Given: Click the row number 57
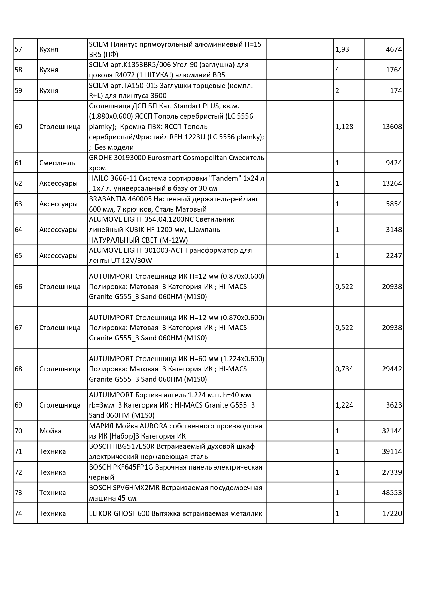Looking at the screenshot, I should pos(19,49).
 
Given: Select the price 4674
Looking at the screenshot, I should pos(394,49).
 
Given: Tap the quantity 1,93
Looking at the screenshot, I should pos(342,49).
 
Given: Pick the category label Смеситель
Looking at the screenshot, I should pos(57,163).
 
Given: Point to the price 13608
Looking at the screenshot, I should pos(392,127).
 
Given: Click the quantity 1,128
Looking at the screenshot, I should pos(344,127).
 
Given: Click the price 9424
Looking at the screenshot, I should pos(394,163).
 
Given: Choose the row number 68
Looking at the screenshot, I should pos(19,369).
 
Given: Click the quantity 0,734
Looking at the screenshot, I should pos(344,369).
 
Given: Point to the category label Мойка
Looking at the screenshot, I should pos(50,431).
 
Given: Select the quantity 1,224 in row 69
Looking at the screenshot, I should pos(344,405).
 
